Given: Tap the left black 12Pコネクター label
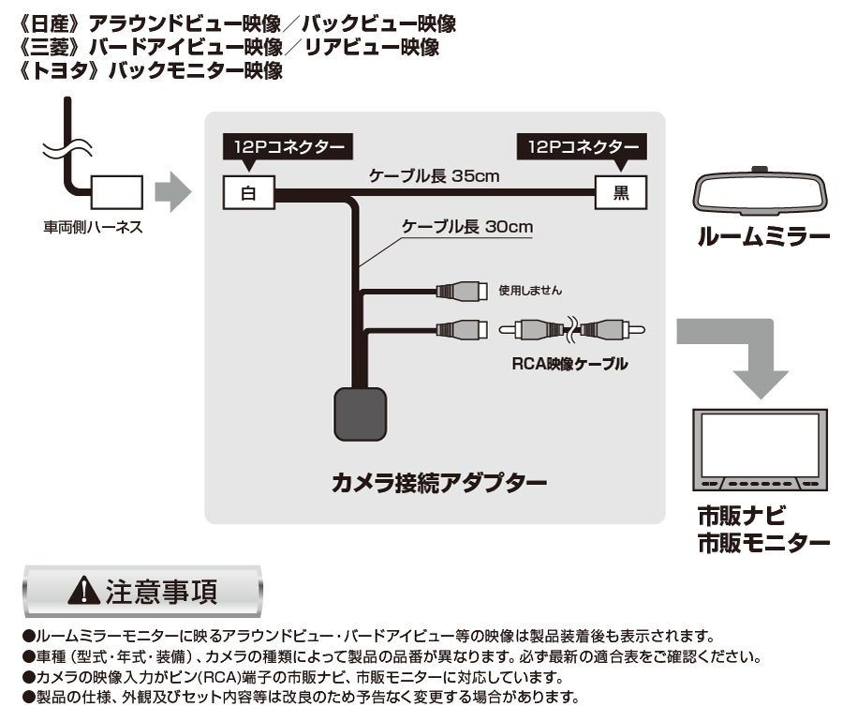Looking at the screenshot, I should pos(285,148).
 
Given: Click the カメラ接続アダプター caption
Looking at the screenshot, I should pos(439,485).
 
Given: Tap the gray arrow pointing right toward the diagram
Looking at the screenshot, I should pos(172,194).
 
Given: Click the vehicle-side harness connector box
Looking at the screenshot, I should pos(116,194).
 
